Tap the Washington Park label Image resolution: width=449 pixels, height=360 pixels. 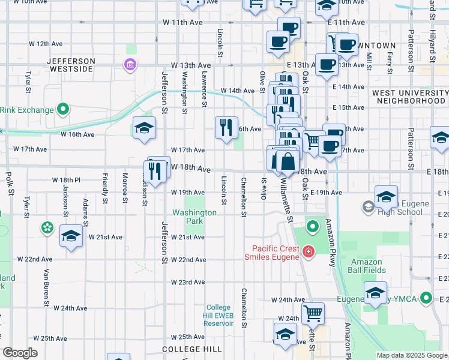(194, 217)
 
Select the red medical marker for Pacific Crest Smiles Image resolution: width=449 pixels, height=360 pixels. (308, 252)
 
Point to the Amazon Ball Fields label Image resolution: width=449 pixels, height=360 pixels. (367, 266)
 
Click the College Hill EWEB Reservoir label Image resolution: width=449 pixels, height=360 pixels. (219, 315)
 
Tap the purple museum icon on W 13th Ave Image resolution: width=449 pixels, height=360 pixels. (129, 64)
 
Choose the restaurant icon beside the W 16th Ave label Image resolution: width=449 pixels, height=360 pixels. (226, 127)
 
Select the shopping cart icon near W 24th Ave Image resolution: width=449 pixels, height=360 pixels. (312, 313)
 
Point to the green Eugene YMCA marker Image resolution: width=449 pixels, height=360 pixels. (426, 297)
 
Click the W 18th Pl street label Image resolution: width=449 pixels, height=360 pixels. (66, 180)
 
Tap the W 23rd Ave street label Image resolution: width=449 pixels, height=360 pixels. (188, 282)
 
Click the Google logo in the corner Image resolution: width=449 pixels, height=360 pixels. (20, 353)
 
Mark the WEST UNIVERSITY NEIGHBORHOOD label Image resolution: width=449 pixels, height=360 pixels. (409, 97)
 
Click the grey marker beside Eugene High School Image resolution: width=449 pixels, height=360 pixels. (367, 207)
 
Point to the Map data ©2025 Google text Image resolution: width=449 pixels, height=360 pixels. (411, 355)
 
